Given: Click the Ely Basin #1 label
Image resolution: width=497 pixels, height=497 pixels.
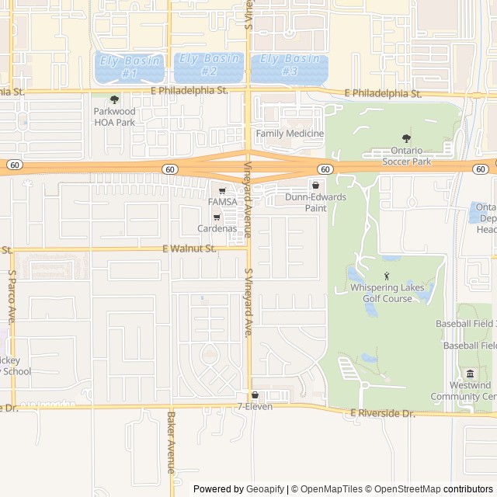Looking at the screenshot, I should coord(130,67).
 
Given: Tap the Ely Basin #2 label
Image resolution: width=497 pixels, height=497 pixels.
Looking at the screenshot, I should coord(209,64).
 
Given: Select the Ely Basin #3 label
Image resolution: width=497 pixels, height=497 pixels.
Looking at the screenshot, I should coord(290,64).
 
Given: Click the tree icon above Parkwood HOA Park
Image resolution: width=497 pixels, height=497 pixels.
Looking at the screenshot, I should coord(115,99).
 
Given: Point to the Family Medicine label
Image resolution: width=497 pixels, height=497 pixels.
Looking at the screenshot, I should coord(290,134).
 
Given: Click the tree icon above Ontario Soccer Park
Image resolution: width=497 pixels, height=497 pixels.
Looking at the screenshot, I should coord(406,138).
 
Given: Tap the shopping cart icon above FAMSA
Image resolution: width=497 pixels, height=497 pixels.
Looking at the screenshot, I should coord(222,190).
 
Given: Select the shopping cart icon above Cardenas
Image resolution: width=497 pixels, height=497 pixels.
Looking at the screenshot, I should coord(217,217).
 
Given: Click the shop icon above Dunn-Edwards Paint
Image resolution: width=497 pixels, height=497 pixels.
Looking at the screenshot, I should coord(315,186).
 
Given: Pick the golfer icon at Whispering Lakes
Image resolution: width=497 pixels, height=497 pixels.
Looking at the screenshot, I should coord(387,276).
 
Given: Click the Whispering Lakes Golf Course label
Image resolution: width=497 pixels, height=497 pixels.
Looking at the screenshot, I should coord(387,293).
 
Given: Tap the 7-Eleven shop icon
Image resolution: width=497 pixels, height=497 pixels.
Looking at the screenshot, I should coord(255,395).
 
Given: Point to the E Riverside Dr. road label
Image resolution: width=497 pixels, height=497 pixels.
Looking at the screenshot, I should coord(383,413).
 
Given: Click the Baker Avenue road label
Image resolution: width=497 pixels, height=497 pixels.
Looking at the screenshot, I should coord(171,442).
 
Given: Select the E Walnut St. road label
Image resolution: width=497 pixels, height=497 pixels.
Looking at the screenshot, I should coord(189,248).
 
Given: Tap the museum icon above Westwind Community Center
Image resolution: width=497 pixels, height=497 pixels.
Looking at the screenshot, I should coord(470,374).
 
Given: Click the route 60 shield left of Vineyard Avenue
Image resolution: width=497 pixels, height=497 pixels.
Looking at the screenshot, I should coord(169,169).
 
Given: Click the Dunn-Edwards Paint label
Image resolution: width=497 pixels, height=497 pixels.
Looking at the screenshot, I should coord(315,202).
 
